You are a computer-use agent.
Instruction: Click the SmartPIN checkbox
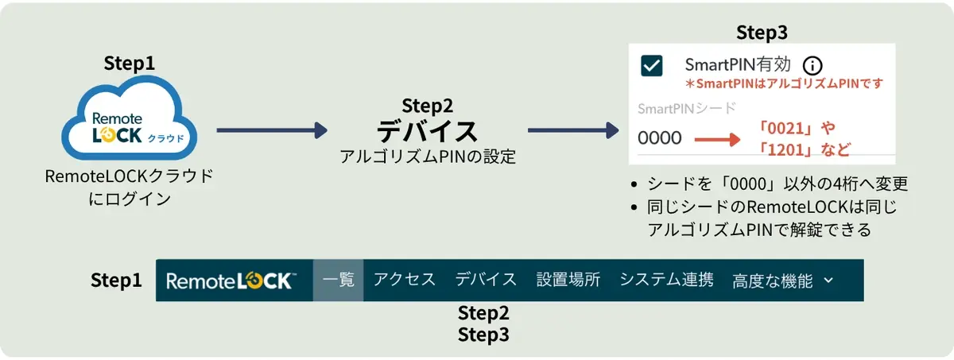click(652, 67)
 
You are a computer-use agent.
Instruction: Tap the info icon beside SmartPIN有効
click(812, 65)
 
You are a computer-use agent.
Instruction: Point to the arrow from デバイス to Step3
click(572, 130)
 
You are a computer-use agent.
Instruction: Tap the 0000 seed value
click(660, 138)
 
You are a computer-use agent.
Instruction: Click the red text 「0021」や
click(797, 127)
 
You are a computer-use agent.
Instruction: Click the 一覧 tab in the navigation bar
click(339, 280)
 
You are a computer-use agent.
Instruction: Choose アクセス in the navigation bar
click(405, 280)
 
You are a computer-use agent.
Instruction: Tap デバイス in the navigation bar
click(486, 280)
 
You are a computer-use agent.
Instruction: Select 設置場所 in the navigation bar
click(568, 280)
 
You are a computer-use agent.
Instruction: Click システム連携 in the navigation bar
click(666, 280)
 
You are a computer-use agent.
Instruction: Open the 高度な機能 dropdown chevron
click(828, 281)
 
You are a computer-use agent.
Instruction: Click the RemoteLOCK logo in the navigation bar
click(231, 281)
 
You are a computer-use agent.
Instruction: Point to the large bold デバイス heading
click(427, 130)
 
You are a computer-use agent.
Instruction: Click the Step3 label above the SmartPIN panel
click(762, 33)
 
